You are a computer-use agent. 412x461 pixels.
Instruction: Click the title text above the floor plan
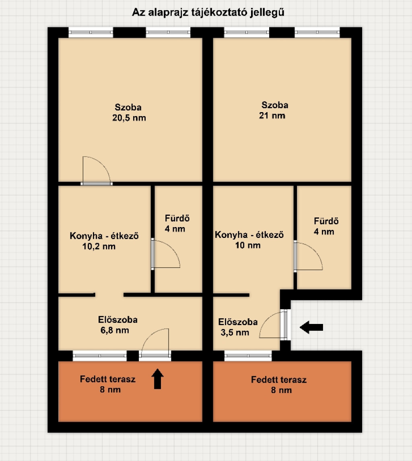point(208,12)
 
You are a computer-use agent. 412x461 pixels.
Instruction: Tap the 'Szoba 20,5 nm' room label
point(129,113)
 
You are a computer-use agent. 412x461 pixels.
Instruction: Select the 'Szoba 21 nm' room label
point(273,110)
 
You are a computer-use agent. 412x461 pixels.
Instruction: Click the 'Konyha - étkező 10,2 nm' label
point(104,241)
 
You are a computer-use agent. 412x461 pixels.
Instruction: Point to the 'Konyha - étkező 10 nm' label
point(249,240)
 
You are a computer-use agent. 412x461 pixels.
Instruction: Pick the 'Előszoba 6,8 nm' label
point(117,325)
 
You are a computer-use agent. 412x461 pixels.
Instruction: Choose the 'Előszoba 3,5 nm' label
point(238,327)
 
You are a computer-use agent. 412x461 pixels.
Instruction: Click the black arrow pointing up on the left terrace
point(157,379)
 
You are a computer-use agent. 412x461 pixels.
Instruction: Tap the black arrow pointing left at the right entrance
point(311,327)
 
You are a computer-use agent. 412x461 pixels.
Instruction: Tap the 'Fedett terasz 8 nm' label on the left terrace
point(108,384)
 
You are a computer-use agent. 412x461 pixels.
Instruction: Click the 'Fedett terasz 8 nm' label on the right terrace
point(279,385)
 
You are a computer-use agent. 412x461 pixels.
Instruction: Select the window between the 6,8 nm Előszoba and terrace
point(100,356)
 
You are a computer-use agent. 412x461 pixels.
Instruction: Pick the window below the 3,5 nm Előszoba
point(248,356)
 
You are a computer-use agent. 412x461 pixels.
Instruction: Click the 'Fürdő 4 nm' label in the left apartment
point(177,223)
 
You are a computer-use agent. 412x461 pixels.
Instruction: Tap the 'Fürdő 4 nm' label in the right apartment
point(326,226)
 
